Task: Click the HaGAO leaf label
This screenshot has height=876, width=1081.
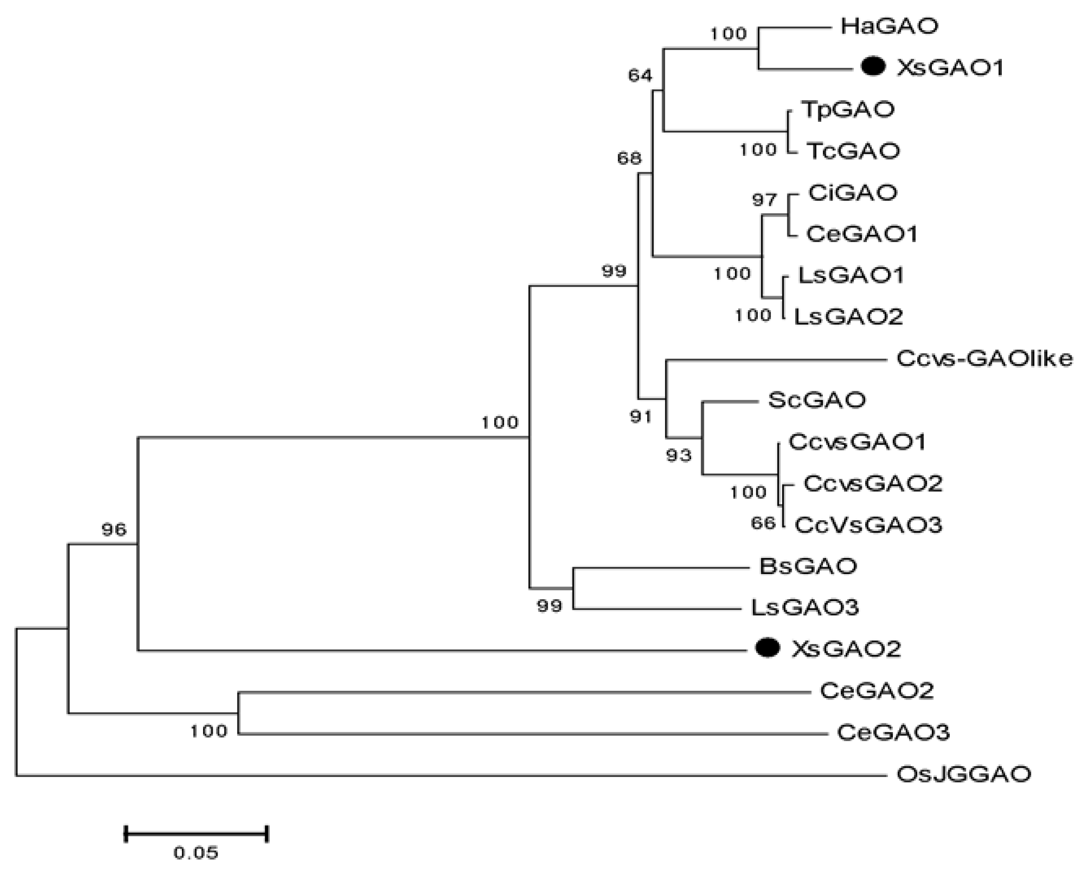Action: click(889, 26)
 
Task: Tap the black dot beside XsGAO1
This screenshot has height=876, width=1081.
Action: click(873, 67)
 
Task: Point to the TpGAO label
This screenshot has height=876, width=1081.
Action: click(847, 109)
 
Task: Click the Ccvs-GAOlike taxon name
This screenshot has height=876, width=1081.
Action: click(984, 359)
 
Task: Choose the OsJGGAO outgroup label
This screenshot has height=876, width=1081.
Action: click(963, 774)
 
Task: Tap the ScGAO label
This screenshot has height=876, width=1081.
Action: click(817, 400)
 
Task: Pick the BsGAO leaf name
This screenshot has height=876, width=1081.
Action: click(808, 566)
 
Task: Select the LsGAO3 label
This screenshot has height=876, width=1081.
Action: click(805, 607)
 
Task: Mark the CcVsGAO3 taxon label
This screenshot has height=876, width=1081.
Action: click(868, 525)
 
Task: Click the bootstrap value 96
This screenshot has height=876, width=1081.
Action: click(114, 529)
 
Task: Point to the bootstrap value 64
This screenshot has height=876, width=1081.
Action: click(640, 76)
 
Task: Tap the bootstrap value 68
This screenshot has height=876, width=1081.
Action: click(629, 159)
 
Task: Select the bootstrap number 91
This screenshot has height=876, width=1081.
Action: click(641, 417)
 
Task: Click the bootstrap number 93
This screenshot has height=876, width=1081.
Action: click(678, 456)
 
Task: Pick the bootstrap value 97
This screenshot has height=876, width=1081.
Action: click(764, 200)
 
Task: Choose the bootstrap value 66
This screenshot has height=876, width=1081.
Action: click(762, 523)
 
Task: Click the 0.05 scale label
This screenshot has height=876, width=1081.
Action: click(196, 853)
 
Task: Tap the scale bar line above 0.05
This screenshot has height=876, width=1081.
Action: click(196, 834)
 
